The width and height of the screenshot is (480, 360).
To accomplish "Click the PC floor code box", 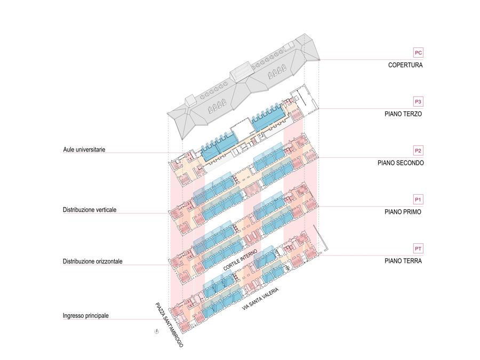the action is click(x=418, y=53).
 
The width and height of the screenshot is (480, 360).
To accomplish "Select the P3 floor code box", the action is click(x=418, y=102).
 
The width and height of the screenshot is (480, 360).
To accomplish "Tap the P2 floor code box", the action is click(x=418, y=150).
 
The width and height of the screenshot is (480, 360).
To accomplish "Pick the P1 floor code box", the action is click(x=418, y=199).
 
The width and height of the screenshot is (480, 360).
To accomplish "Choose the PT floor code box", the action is click(x=418, y=249).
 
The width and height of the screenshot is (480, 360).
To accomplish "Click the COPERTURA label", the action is click(x=405, y=65).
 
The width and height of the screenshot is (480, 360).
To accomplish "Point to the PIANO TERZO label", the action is click(x=403, y=114).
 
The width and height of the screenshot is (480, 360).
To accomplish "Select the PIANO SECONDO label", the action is click(x=401, y=163).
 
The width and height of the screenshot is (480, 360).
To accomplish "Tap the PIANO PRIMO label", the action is click(x=403, y=212).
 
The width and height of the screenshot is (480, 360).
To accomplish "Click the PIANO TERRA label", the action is click(x=403, y=261).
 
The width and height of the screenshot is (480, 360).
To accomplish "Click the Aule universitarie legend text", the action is click(x=84, y=150).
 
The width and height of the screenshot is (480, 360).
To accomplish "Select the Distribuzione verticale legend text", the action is click(x=90, y=210).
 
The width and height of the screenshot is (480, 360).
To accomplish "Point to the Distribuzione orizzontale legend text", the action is click(x=92, y=261).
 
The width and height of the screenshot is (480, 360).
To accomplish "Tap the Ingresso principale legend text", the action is click(x=86, y=316).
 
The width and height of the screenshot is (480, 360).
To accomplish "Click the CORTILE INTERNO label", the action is click(x=240, y=260).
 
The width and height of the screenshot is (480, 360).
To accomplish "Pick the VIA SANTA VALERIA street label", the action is click(x=260, y=299).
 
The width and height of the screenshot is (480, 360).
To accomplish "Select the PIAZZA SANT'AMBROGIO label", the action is click(x=169, y=324).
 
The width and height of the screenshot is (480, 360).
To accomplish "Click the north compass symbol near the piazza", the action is click(x=157, y=331).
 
